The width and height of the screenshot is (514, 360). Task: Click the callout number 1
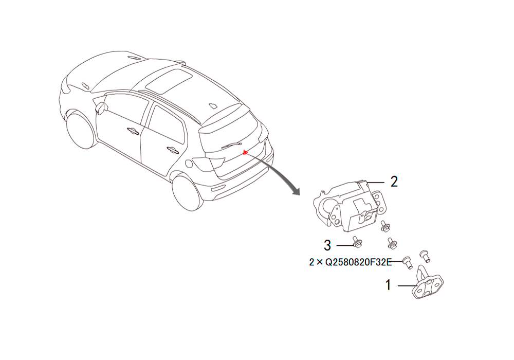(x=388, y=285)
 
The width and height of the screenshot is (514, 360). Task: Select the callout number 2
(x=394, y=182)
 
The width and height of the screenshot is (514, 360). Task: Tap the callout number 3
(x=327, y=245)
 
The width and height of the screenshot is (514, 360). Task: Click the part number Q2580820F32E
(x=358, y=262)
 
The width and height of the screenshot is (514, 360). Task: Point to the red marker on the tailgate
(x=245, y=152)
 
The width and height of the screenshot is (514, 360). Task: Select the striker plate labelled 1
(x=427, y=283)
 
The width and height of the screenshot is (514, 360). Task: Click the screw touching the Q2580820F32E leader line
(x=408, y=262)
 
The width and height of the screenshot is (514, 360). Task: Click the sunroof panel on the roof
(x=169, y=81)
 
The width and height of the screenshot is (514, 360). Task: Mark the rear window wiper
(x=231, y=146)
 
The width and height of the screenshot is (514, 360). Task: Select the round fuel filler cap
(x=188, y=163)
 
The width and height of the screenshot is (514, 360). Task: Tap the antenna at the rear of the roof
(x=213, y=105)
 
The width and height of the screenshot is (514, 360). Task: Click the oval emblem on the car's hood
(x=85, y=86)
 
